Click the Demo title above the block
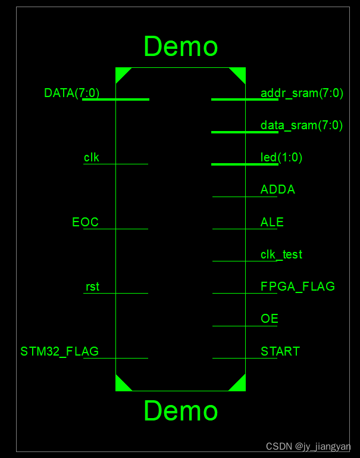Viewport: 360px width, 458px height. tap(180, 46)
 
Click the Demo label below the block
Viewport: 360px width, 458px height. tap(180, 411)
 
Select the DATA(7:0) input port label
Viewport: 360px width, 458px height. tap(71, 93)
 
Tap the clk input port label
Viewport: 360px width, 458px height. tap(92, 157)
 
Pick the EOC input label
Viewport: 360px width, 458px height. tap(85, 222)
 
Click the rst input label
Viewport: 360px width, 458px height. tap(92, 286)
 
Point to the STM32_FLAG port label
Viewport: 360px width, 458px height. tap(60, 351)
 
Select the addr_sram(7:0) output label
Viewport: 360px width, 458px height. tap(302, 93)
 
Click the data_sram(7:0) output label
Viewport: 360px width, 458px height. tap(302, 125)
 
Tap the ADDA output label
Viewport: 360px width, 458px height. tap(278, 190)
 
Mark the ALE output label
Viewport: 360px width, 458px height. tap(272, 222)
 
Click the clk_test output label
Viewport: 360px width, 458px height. tap(281, 254)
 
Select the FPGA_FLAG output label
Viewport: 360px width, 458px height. tap(298, 286)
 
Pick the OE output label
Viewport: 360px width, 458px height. tap(270, 319)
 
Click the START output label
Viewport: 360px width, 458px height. tap(280, 351)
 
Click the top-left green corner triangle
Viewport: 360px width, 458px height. tap(121, 73)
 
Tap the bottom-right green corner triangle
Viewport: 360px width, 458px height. tap(240, 385)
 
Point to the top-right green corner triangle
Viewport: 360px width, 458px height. tap(240, 73)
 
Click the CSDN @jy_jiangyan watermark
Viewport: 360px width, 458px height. tap(308, 447)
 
